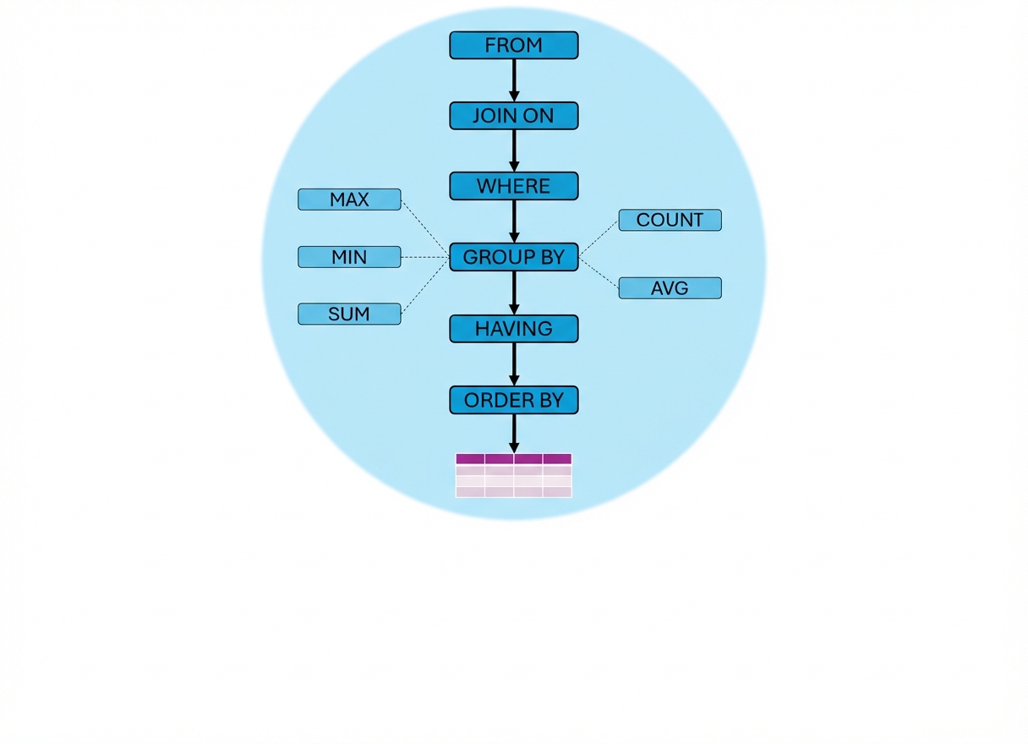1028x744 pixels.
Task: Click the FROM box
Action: pos(513,46)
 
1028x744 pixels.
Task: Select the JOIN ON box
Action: pos(513,116)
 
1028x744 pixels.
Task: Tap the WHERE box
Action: pos(513,186)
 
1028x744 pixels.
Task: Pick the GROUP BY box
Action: pos(513,257)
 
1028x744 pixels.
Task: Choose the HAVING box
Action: pos(513,328)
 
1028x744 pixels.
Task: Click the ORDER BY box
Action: pos(513,400)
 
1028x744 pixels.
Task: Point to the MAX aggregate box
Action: pos(349,200)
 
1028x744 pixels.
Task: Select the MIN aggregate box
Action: pos(349,257)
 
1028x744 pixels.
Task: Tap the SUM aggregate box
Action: pos(349,315)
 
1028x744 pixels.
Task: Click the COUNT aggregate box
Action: pos(670,220)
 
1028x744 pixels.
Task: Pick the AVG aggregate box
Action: pos(670,288)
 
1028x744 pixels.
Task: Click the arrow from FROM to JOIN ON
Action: pos(513,80)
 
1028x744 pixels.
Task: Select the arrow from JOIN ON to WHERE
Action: pos(513,150)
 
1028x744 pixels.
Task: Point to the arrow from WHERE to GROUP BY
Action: pos(513,222)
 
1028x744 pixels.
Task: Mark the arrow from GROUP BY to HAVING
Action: pos(513,293)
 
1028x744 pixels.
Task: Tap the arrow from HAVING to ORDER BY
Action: pos(513,364)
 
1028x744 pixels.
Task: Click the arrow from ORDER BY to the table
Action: pos(513,433)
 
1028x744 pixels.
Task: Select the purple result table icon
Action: pos(513,475)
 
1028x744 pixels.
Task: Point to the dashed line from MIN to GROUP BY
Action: pos(424,257)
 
